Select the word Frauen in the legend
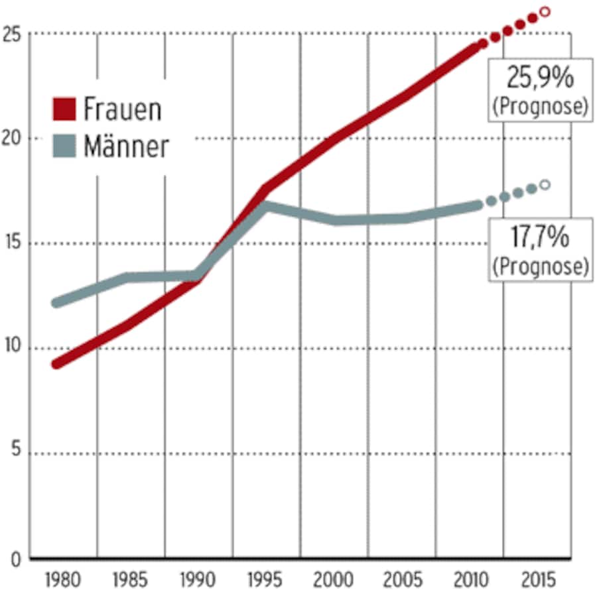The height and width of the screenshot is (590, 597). click(122, 109)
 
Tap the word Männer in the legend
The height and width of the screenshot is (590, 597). click(126, 147)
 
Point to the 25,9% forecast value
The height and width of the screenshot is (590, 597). click(540, 80)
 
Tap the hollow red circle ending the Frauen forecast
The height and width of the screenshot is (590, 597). click(545, 11)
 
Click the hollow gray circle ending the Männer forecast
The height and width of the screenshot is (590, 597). click(545, 185)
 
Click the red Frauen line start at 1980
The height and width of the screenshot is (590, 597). click(57, 364)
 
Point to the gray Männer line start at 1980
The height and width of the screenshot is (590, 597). click(57, 303)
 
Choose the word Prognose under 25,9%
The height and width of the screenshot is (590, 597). click(540, 107)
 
